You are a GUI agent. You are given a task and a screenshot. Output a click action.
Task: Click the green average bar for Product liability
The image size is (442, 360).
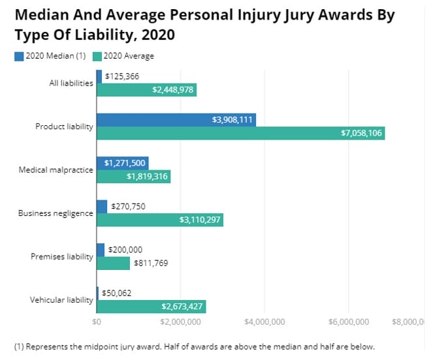coord(240,133)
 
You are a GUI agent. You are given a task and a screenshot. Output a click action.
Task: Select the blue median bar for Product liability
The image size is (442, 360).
coord(176,119)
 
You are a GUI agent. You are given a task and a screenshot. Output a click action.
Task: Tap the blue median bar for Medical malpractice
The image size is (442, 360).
coord(122,163)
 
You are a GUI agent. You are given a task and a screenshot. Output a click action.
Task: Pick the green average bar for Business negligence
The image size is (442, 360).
coord(160,220)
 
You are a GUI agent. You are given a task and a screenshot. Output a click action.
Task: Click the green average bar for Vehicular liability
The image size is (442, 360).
coord(151,307)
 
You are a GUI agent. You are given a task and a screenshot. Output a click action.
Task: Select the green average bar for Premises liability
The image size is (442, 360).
coord(113,263)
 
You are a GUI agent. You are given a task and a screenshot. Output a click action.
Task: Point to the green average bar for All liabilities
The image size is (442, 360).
coord(146,90)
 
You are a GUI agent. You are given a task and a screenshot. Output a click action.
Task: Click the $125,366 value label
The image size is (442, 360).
coord(121,76)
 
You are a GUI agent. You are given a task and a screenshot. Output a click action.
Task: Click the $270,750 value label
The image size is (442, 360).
coord(128,206)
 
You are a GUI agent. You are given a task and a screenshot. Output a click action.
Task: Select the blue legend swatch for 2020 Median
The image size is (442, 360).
coord(19,56)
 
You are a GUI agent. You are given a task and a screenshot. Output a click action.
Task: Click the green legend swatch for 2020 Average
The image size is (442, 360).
coord(97,56)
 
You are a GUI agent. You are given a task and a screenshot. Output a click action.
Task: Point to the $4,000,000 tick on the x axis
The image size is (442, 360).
coord(264,322)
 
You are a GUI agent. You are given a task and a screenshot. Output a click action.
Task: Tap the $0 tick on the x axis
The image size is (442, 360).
coord(97,322)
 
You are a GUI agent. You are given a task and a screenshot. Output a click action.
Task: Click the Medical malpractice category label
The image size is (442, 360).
coord(55,170)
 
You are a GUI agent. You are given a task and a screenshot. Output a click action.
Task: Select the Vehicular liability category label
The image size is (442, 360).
coord(61,300)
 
